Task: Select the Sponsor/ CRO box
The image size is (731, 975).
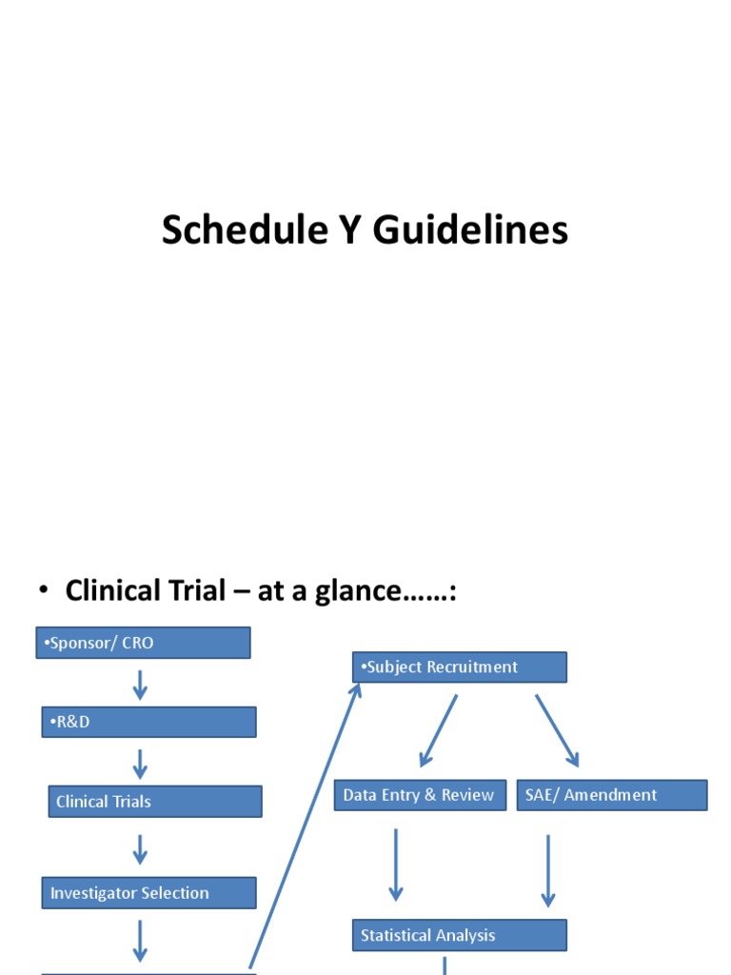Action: pos(143,643)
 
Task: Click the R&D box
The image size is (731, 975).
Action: pos(148,722)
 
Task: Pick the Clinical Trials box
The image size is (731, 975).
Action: pos(155,802)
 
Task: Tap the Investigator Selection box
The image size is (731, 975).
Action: pos(149,893)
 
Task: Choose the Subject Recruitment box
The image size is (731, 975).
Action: pos(460,667)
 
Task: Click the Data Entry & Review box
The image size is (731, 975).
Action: pos(420,795)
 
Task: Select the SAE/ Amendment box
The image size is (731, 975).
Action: pos(612,795)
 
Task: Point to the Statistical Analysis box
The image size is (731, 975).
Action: pos(460,935)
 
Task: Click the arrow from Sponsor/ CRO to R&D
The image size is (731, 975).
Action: pos(140,684)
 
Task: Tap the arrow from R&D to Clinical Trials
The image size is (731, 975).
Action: pos(140,763)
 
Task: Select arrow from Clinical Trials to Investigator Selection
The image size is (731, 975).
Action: pos(140,849)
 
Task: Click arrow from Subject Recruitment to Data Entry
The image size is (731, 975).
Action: pos(438,730)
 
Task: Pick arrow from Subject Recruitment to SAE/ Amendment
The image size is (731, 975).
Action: pos(557,730)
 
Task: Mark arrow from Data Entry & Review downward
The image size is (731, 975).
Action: pos(395,865)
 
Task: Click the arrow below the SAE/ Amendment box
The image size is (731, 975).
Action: pos(547,868)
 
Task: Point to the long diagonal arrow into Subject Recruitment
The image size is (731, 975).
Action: pos(305,824)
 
